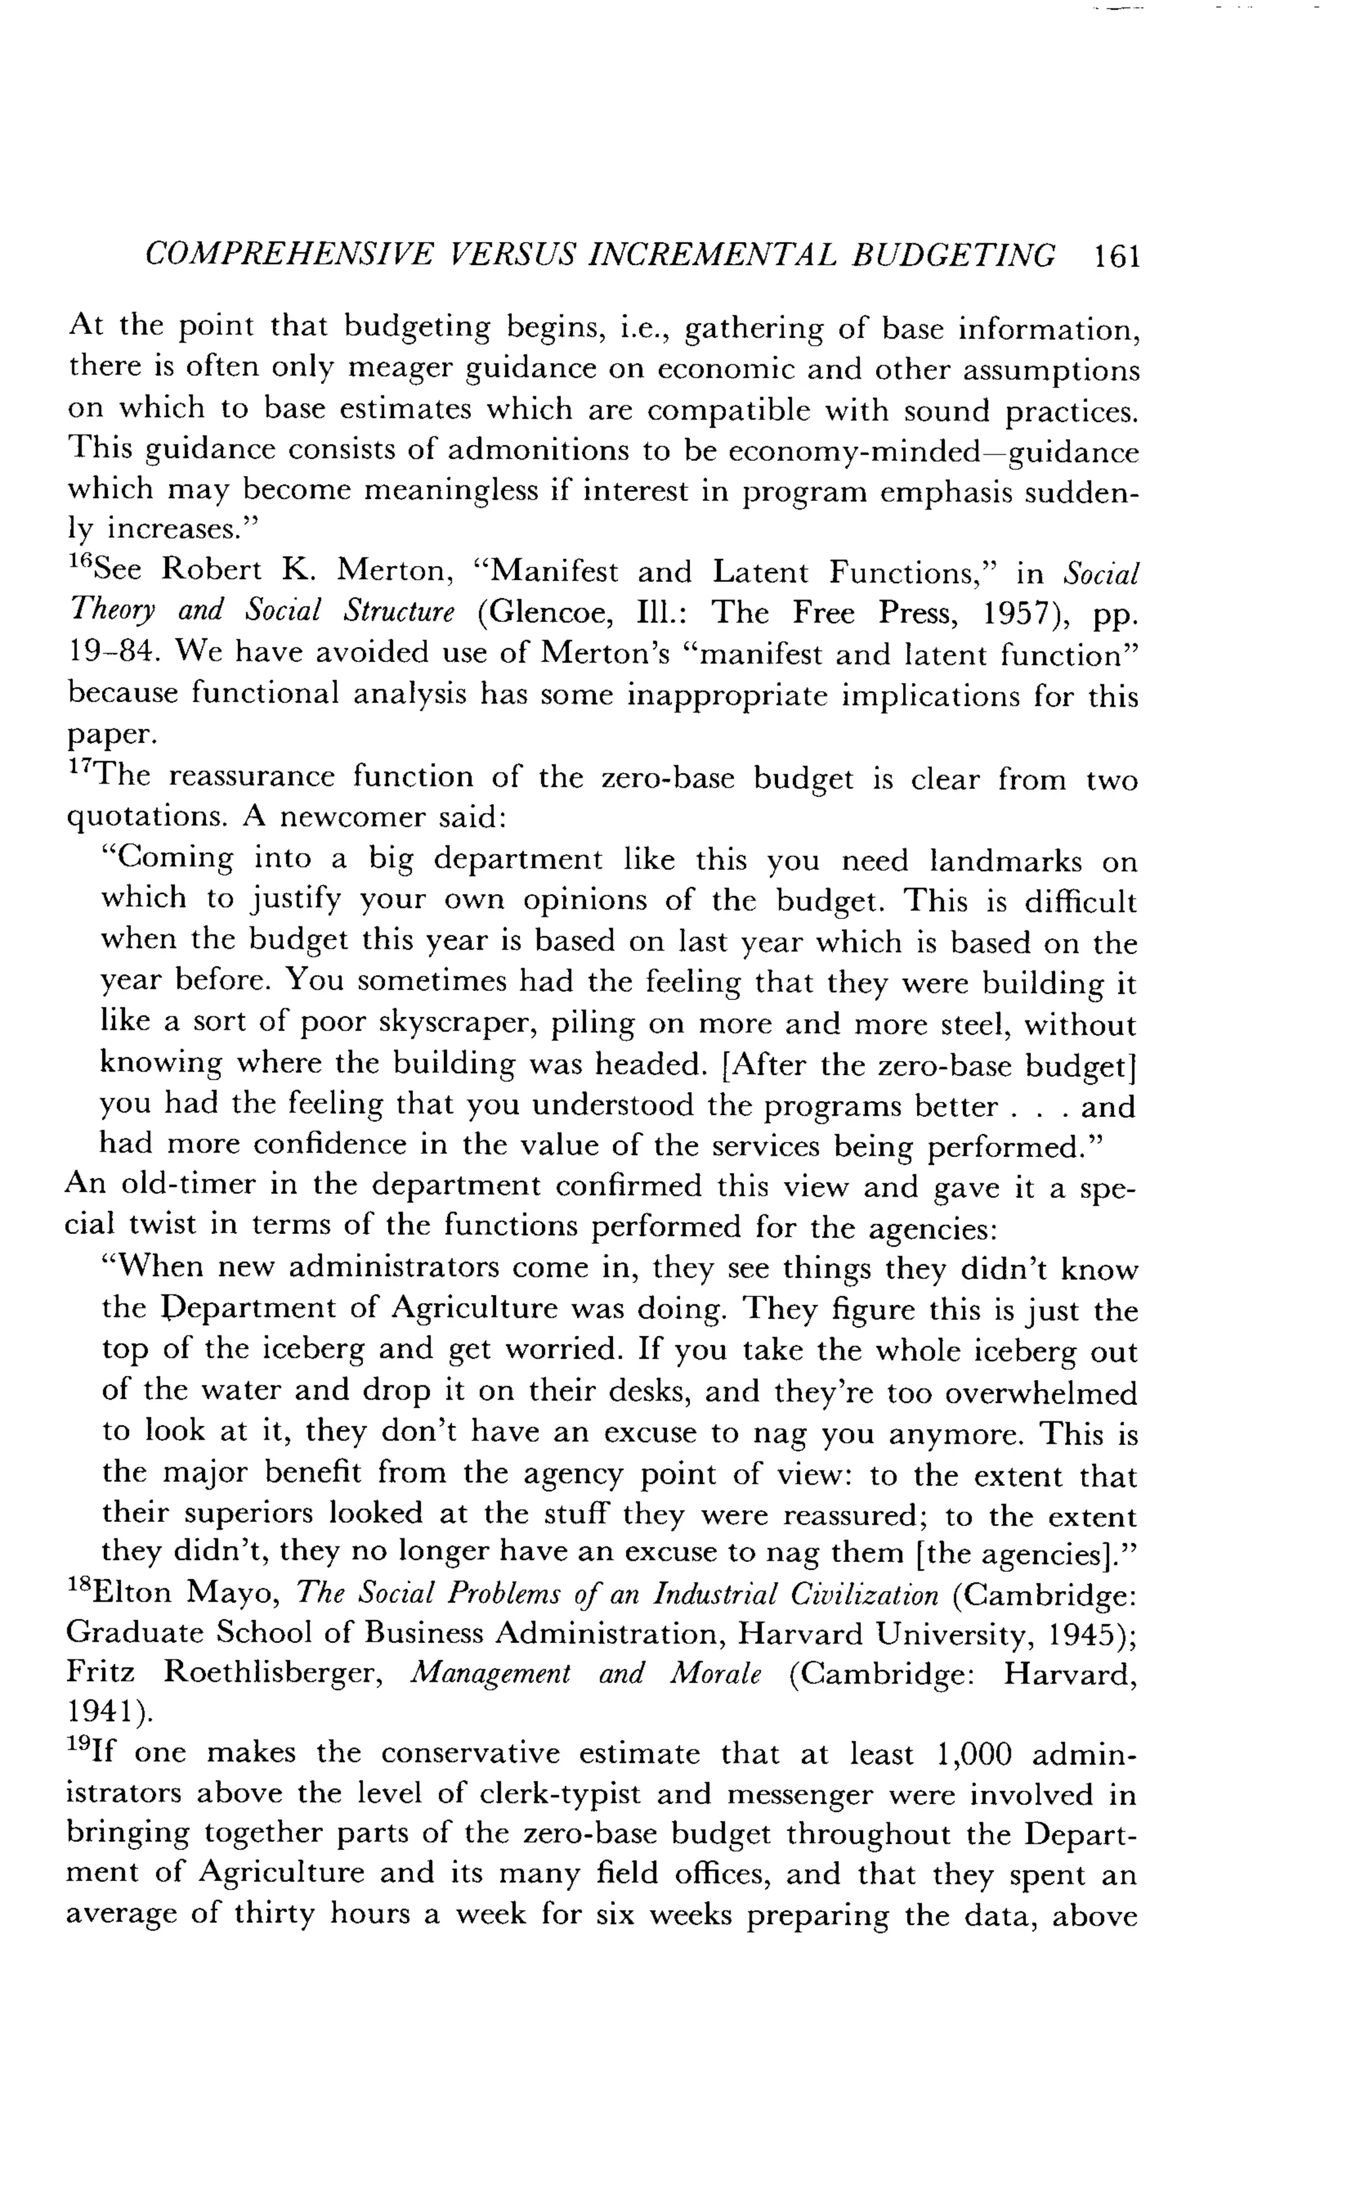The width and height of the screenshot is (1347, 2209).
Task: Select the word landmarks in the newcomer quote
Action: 1006,861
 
